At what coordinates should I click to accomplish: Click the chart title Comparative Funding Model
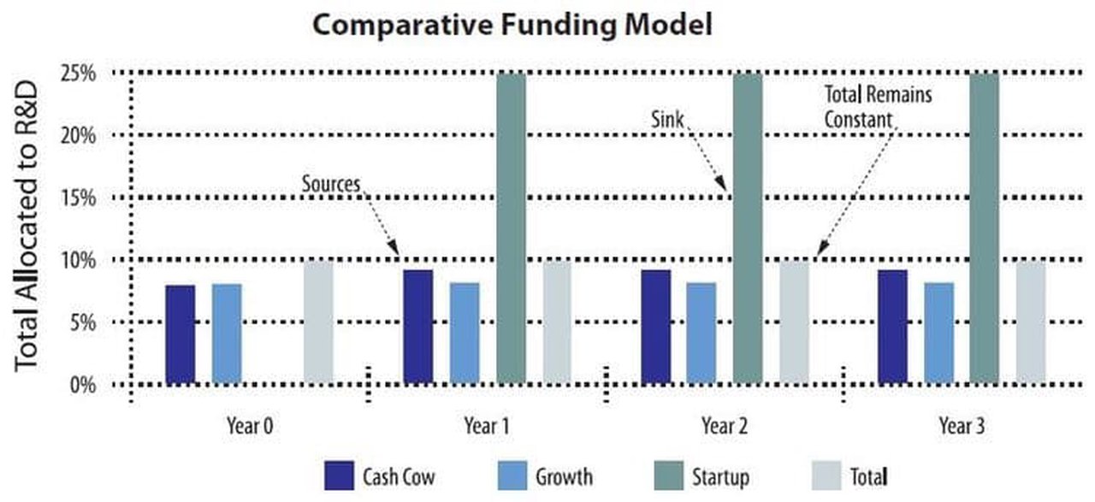coord(512,25)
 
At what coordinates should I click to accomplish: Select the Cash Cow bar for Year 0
coord(181,334)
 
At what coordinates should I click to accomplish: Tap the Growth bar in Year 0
coord(227,334)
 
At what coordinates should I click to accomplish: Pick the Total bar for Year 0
coord(318,322)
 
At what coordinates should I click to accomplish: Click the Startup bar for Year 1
coord(511,228)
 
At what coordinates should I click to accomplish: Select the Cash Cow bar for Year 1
coord(417,327)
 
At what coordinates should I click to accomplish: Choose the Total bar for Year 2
coord(793,322)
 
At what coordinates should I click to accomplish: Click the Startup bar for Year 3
coord(984,228)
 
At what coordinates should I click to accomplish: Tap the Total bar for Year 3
coord(1030,322)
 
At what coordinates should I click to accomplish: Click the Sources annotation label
coord(329,184)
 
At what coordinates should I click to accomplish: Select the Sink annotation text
coord(668,121)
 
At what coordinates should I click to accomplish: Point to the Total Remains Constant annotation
coord(877,106)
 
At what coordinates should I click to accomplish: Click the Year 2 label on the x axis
coord(723,425)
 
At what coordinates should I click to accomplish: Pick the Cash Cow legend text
coord(397,475)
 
